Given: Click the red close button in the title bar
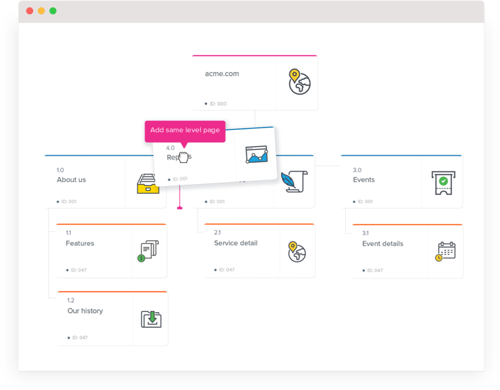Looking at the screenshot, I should click(x=30, y=11).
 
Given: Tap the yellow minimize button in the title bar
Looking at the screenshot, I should click(x=41, y=11).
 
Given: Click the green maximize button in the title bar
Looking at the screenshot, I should click(x=53, y=11).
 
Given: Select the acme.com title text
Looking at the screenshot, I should click(x=222, y=74).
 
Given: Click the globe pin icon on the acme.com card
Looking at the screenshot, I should click(x=299, y=82).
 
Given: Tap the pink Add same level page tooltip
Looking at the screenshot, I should click(x=185, y=130).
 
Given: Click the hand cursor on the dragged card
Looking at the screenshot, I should click(x=183, y=157).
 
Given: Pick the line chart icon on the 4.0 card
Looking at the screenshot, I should click(x=257, y=154).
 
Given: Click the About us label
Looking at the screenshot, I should click(x=71, y=180).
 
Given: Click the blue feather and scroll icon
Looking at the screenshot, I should click(x=294, y=181).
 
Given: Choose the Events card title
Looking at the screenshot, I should click(x=364, y=180).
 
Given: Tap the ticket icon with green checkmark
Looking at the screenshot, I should click(x=443, y=182).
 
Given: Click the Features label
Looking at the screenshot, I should click(x=80, y=243).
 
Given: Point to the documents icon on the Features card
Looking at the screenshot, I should click(x=149, y=251).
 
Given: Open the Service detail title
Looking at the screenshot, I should click(x=235, y=243).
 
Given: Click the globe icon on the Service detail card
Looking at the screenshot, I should click(x=297, y=252).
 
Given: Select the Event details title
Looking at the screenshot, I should click(x=382, y=243).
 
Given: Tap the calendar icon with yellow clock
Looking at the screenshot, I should click(x=446, y=251).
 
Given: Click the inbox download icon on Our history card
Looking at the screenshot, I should click(x=151, y=319).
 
